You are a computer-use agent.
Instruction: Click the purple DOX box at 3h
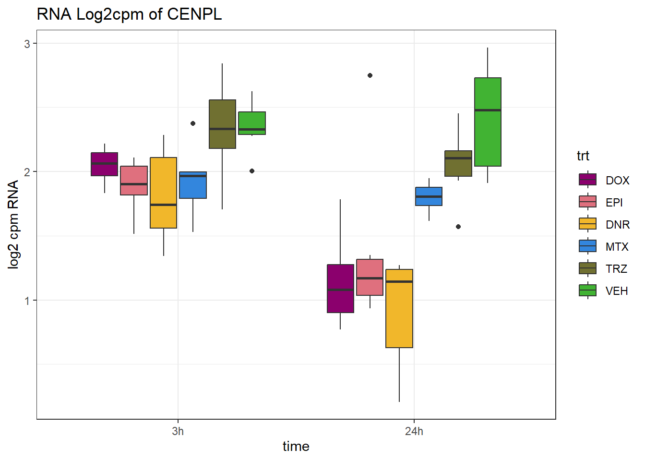point(104,164)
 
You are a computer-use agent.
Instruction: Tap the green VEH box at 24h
point(488,122)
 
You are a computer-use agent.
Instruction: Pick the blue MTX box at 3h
point(193,185)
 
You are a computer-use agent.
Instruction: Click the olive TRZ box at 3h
point(222,124)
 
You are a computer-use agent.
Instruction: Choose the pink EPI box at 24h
point(370,277)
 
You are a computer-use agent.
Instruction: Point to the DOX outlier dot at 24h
point(370,75)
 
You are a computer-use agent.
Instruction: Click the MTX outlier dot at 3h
point(193,123)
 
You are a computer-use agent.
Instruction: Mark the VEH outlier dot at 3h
point(252,171)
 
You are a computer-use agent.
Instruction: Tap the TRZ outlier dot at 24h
point(458,227)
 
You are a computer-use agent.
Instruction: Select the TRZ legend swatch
point(587,268)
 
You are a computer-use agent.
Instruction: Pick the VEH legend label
point(617,291)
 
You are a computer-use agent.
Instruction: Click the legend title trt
point(583,156)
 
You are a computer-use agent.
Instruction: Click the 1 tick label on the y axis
point(27,301)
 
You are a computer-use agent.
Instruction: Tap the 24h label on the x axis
point(414,431)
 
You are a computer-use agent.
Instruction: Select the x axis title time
point(296,447)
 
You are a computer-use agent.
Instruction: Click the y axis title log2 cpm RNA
point(13,224)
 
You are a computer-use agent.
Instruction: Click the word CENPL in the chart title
point(194,14)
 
